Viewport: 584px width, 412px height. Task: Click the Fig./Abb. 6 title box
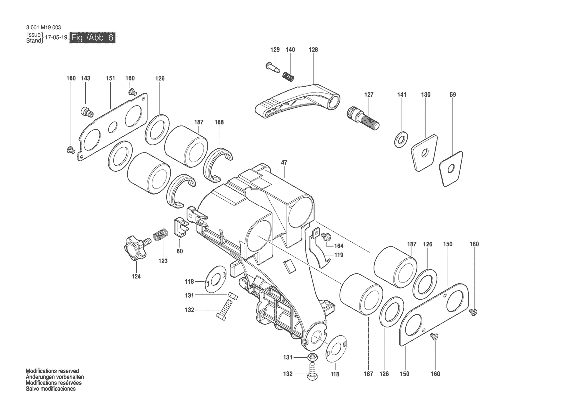(93, 38)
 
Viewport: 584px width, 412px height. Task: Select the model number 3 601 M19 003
(44, 28)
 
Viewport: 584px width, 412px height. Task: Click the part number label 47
(284, 163)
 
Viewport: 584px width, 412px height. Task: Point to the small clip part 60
(181, 228)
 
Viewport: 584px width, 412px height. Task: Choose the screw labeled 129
(273, 67)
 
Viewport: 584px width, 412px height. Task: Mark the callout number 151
(110, 78)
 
